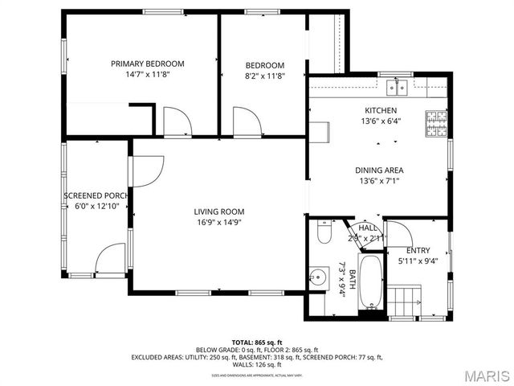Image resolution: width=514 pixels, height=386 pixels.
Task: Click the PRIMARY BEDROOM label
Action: click(x=148, y=64)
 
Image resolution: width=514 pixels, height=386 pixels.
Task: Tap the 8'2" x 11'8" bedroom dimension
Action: click(x=265, y=76)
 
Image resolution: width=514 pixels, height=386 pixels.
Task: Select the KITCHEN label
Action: click(x=380, y=110)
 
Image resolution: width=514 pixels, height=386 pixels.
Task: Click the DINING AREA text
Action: click(x=380, y=170)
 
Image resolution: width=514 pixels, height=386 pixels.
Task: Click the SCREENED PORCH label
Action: click(x=96, y=195)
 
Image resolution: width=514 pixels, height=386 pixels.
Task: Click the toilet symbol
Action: click(x=324, y=233)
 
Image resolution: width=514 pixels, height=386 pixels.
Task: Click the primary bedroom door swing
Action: click(x=177, y=121)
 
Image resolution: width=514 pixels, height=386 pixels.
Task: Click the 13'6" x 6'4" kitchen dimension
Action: click(x=380, y=121)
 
